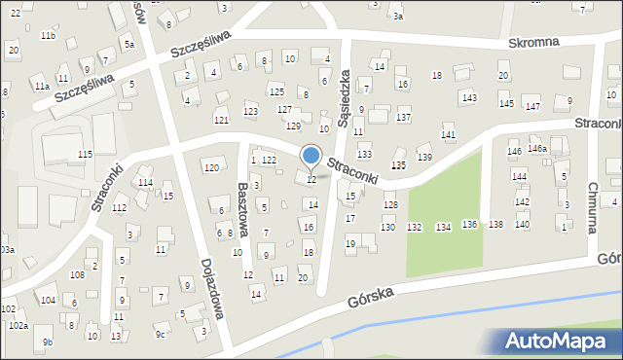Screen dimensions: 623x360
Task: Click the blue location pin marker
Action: coord(311,157)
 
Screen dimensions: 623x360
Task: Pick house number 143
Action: coord(469,97)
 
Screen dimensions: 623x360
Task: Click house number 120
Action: coord(211,168)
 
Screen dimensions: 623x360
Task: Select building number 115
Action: coord(86,155)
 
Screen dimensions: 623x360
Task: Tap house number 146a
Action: coord(537,148)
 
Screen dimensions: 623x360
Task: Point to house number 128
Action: coord(390,204)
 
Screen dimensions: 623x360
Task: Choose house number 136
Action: coord(469,225)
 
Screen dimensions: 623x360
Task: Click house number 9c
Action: coord(161,335)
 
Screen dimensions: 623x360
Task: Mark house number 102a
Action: coord(18,325)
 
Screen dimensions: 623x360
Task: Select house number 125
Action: coord(276,91)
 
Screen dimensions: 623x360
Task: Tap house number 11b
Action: coord(48,36)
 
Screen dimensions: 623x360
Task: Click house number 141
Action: coord(449,135)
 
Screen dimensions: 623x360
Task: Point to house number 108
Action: coord(77,275)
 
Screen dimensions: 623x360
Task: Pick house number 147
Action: coord(532,105)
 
